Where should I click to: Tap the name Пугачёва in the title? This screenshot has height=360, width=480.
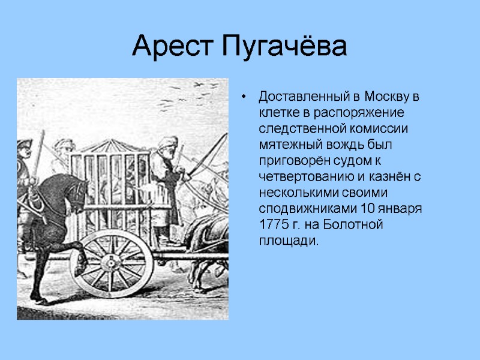284,47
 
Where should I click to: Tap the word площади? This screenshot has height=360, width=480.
287,242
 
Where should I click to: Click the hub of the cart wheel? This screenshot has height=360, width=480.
111,263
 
